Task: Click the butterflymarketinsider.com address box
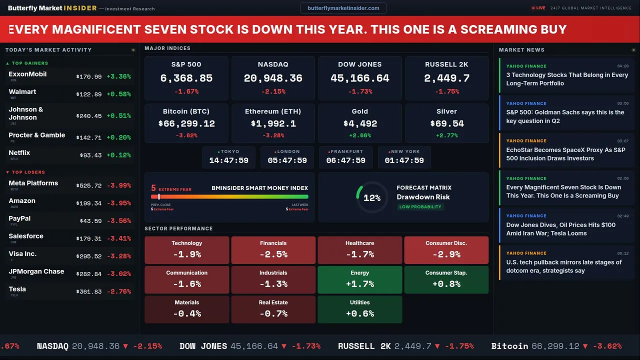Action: (343, 8)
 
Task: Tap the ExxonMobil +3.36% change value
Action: (118, 76)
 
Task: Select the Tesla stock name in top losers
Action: (17, 289)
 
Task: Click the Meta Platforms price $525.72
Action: (89, 185)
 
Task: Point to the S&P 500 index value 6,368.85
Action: (186, 78)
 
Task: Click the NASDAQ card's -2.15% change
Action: (273, 91)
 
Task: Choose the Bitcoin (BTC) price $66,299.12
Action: (186, 123)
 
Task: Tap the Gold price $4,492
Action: (360, 123)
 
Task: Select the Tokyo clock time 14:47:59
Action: (228, 160)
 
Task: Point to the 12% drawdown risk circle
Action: (371, 198)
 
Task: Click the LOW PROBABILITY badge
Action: (420, 207)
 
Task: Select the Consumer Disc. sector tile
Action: (446, 250)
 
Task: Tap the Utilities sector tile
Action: (359, 309)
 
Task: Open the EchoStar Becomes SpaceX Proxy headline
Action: (565, 154)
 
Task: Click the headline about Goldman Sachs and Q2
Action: (565, 116)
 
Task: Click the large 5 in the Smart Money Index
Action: (153, 188)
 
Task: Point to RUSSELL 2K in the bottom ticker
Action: (364, 346)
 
